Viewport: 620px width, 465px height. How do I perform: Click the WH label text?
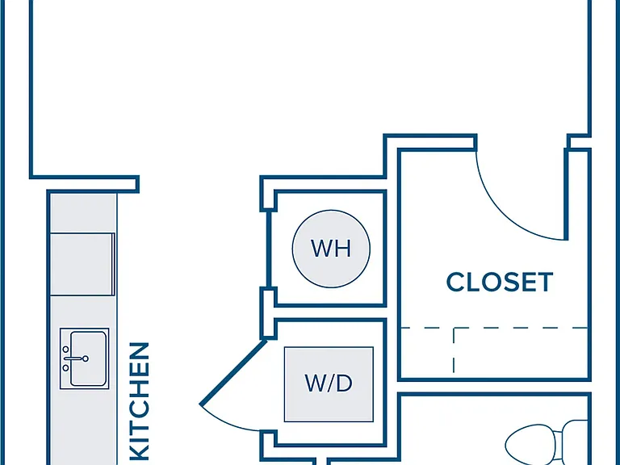(331, 249)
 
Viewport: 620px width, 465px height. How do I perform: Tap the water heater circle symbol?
(331, 249)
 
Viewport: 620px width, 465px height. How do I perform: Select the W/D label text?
(329, 383)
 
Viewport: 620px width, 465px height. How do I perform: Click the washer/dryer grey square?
(329, 384)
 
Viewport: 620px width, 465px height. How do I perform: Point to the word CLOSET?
(500, 282)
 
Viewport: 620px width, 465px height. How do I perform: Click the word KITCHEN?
(140, 401)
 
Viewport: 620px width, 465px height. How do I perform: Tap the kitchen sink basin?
(88, 358)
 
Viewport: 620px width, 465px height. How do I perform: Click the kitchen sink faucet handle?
(76, 358)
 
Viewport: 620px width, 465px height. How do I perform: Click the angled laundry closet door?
(233, 372)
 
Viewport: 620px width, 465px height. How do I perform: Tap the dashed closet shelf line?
(494, 328)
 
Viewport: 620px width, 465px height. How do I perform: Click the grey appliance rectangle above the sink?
(82, 264)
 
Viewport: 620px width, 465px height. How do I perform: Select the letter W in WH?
(321, 249)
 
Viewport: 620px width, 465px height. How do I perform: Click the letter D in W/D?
(345, 383)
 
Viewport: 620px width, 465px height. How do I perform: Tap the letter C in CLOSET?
(455, 282)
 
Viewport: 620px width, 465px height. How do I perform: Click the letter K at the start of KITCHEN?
(140, 451)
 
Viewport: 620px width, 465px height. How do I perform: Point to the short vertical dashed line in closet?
(454, 350)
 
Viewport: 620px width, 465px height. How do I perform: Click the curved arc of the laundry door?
(225, 422)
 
